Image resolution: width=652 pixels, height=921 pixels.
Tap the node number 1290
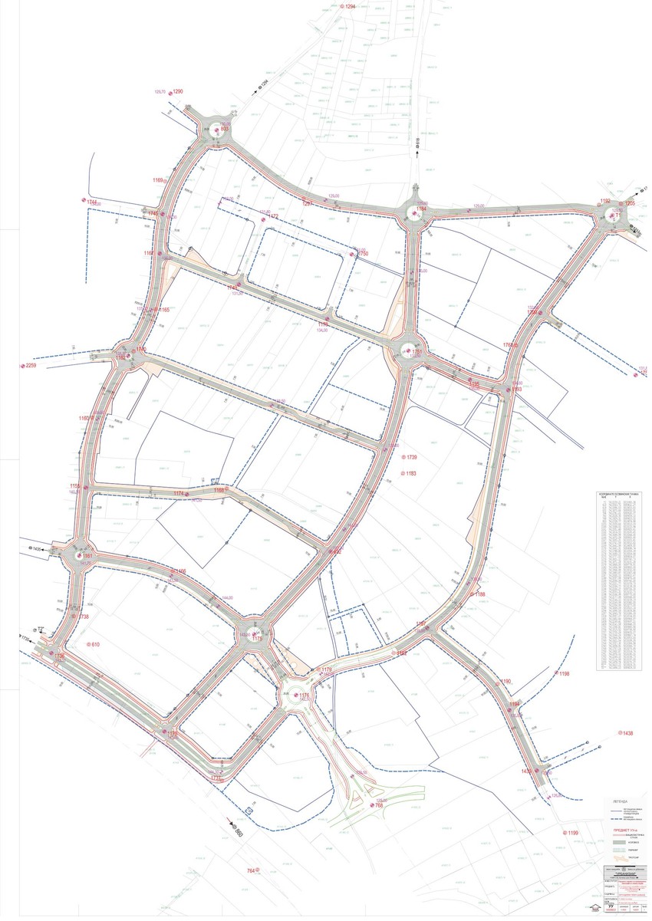point(178,91)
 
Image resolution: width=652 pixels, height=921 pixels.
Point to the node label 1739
point(411,458)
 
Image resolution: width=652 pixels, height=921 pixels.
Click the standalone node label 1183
point(411,474)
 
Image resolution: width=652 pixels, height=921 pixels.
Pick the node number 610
point(95,644)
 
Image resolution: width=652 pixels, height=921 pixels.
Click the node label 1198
point(565,673)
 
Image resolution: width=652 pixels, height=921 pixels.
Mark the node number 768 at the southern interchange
point(379,804)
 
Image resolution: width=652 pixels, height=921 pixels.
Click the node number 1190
point(505,681)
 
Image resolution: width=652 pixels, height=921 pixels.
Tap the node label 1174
point(179,493)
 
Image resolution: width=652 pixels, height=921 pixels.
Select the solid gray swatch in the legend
point(619,841)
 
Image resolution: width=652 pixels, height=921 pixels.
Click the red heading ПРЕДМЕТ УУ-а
point(620,830)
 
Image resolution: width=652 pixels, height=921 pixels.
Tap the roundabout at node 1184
point(413,214)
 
